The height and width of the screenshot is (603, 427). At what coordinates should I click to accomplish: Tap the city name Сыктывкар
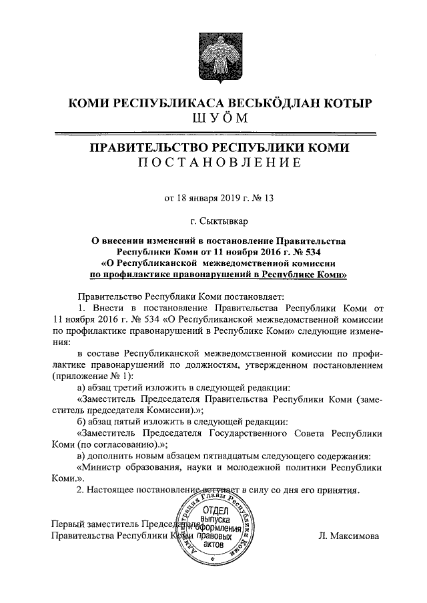[x=224, y=221]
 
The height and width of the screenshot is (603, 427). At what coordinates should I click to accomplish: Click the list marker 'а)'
[x=83, y=387]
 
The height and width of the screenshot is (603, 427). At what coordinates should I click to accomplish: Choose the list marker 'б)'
[x=83, y=421]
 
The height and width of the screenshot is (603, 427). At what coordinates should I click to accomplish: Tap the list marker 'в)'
[x=82, y=456]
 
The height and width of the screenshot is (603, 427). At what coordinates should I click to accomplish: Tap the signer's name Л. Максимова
[x=348, y=535]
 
